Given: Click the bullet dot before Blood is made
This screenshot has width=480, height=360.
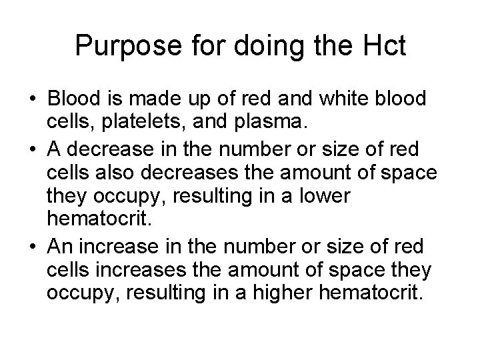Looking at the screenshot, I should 33,98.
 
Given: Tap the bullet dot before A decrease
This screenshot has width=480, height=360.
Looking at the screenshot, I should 33,151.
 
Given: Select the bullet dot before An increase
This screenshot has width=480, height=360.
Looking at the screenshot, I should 33,247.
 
